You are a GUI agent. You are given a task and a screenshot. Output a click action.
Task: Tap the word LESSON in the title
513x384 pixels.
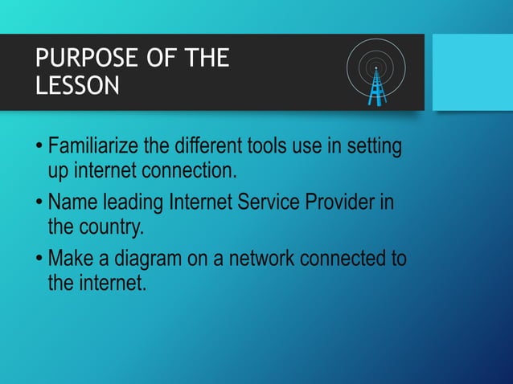click(x=77, y=85)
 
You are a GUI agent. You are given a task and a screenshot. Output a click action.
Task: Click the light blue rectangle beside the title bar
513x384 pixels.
click(x=472, y=71)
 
